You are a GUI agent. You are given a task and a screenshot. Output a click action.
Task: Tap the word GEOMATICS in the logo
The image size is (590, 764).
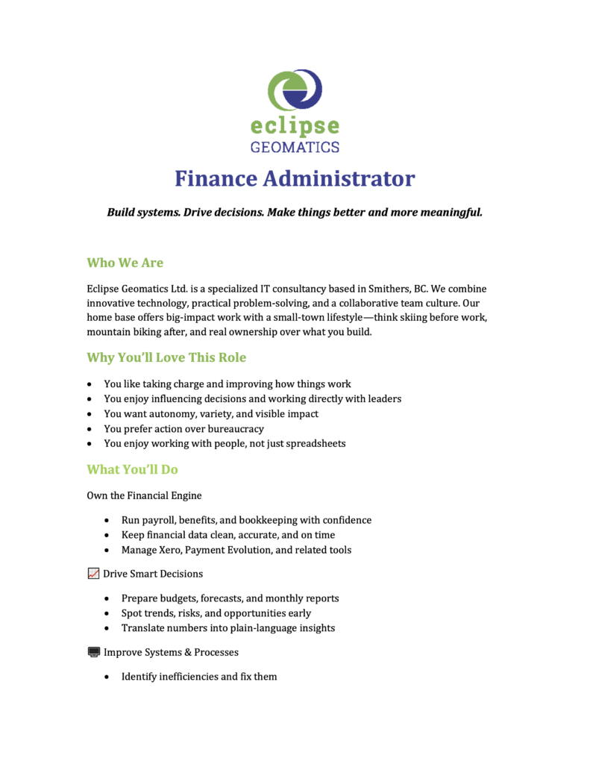pyautogui.click(x=295, y=146)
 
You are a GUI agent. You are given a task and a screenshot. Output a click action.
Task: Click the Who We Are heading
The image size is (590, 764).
pyautogui.click(x=125, y=263)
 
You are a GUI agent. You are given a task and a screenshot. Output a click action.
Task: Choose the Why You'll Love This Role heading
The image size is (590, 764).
pyautogui.click(x=166, y=357)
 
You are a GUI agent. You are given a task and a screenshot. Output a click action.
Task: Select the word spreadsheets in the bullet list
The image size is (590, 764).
pyautogui.click(x=313, y=444)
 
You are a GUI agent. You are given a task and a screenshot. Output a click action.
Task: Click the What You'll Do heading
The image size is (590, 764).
pyautogui.click(x=132, y=469)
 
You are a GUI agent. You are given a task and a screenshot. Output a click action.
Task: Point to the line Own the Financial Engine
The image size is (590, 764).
pyautogui.click(x=144, y=495)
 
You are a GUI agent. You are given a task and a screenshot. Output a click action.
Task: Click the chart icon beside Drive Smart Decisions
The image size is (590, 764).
pyautogui.click(x=93, y=574)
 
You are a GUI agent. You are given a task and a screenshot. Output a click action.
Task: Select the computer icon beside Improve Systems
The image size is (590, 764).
pyautogui.click(x=93, y=652)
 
